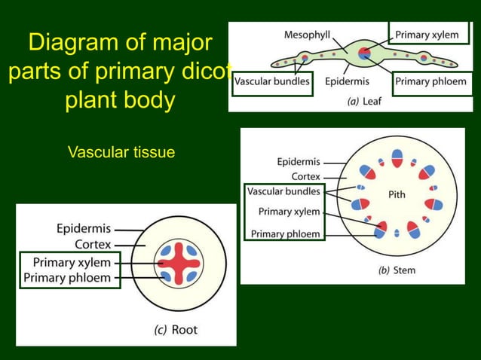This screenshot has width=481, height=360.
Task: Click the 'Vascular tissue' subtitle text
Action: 121,153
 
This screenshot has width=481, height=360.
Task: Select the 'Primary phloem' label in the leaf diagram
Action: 430,81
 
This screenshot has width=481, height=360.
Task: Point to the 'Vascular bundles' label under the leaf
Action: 272,81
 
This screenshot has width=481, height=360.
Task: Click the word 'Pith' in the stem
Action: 397,194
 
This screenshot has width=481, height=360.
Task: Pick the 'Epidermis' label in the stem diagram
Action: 299,162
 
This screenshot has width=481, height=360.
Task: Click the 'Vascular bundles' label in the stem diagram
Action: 284,191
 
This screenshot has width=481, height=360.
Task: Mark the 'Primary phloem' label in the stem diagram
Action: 286,233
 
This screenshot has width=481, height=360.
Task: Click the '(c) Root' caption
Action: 176,329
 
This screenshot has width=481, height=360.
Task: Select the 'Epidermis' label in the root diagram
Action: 84,228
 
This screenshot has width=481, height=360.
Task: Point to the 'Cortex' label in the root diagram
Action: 93,244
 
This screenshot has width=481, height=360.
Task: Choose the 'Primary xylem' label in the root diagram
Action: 72,263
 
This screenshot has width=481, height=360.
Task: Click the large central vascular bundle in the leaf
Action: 365,53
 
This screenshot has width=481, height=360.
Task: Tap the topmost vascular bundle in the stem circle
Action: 397,157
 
